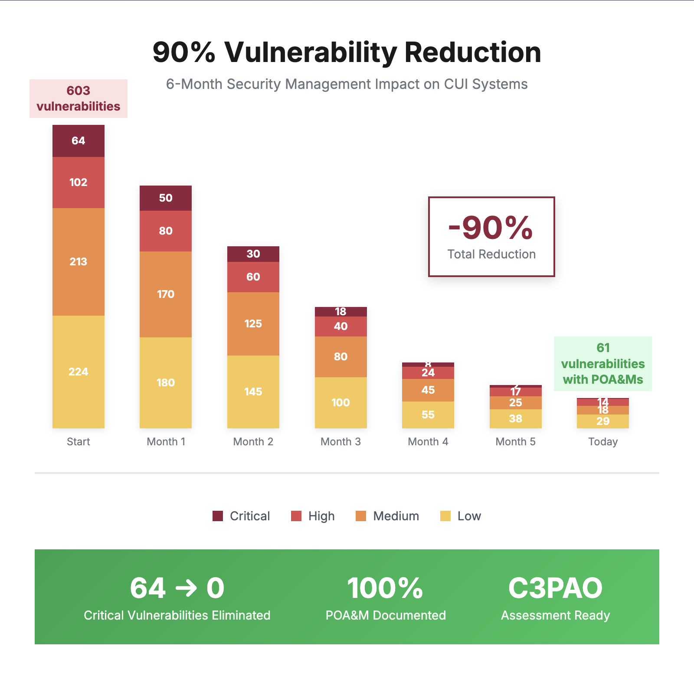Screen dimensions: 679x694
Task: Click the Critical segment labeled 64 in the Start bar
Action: tap(78, 141)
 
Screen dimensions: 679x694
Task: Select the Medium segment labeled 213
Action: tap(78, 261)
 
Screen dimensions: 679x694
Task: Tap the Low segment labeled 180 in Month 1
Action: tap(165, 382)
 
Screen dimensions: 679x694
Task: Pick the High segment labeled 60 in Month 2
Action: tap(253, 277)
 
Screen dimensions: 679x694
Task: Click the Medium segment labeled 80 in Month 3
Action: tap(340, 356)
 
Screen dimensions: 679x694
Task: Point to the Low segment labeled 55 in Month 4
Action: tap(428, 415)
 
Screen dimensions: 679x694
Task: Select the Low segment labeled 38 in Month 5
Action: tap(515, 418)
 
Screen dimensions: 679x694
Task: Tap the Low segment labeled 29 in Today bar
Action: tap(602, 421)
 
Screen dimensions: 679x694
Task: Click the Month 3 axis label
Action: tap(340, 441)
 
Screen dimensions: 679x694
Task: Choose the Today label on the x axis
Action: tap(602, 441)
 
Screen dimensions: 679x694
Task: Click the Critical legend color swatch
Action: tap(218, 516)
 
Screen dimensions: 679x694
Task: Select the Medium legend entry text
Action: tap(396, 516)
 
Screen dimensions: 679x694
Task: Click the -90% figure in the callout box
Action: tap(491, 228)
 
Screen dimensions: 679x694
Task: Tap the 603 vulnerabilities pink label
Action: tap(79, 98)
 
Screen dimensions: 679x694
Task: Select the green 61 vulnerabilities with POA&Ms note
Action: tap(602, 363)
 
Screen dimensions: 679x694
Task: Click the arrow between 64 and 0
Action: tap(186, 588)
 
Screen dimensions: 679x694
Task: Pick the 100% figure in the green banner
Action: tap(385, 588)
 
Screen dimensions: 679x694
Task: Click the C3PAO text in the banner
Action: tap(555, 588)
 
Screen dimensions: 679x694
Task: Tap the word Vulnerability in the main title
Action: tap(311, 52)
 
